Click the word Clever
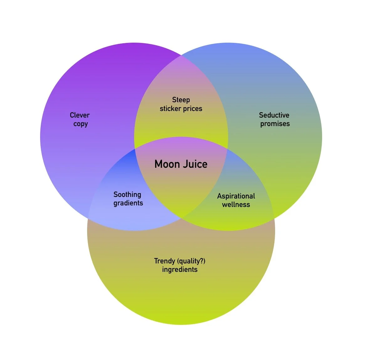[x=80, y=115]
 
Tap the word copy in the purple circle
[x=81, y=124]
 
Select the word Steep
[x=181, y=100]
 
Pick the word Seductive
[x=274, y=115]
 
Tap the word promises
[x=275, y=124]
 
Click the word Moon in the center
[x=167, y=164]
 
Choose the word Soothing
[x=127, y=195]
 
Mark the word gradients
[x=128, y=203]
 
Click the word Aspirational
[x=236, y=196]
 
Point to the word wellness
[x=236, y=205]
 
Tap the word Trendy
[x=165, y=261]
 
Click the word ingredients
[x=180, y=270]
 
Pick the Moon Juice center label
[x=181, y=164]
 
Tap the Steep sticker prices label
[x=181, y=104]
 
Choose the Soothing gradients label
[x=128, y=199]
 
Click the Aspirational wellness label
[x=236, y=200]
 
